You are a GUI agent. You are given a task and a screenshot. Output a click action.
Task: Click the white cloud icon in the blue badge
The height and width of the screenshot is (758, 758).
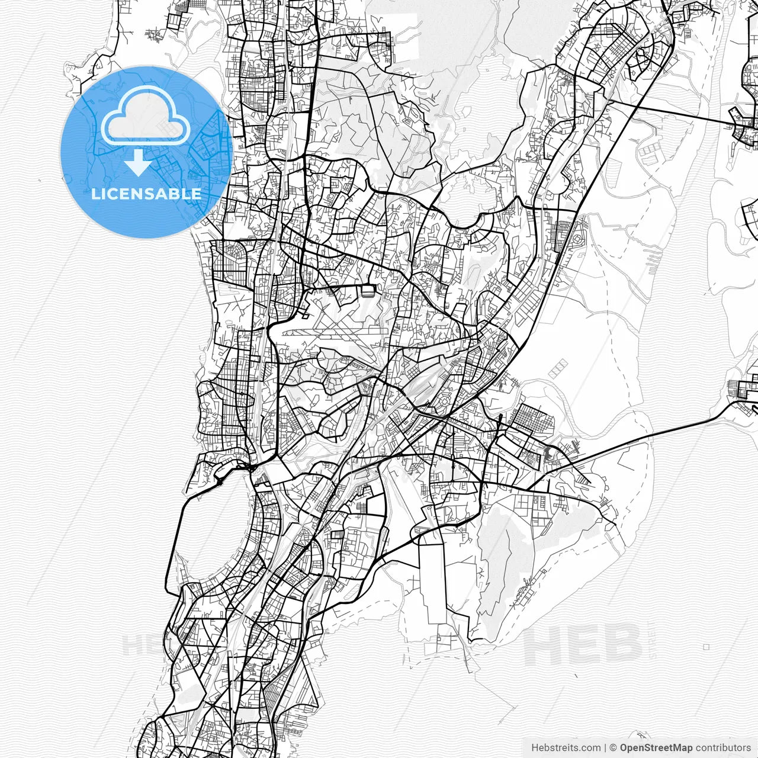(146, 115)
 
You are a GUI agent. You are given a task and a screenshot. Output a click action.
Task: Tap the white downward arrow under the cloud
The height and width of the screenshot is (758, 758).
(139, 163)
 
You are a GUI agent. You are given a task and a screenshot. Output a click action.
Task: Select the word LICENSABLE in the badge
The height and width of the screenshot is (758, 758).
(146, 194)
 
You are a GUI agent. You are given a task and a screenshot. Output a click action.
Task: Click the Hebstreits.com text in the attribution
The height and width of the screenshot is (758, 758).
(566, 748)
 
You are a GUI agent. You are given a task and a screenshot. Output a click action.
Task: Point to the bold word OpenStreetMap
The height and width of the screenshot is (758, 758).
(656, 748)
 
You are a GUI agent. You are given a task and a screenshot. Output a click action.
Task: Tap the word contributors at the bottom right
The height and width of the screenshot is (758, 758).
(723, 748)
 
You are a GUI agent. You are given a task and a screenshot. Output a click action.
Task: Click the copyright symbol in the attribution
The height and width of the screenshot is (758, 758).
(614, 748)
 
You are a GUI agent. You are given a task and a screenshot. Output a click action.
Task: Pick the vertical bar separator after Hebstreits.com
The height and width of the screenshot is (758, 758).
(605, 748)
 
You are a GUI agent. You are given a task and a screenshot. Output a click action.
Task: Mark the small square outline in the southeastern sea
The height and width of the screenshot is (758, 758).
(706, 647)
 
